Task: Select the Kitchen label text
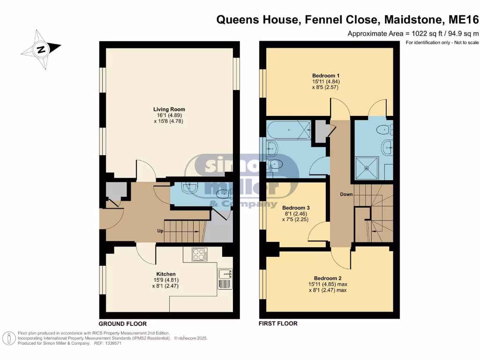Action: [166, 274]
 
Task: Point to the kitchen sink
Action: [225, 279]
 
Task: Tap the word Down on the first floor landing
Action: [346, 194]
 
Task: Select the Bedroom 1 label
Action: [326, 75]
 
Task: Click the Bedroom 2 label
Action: [327, 278]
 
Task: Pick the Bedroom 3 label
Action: [295, 208]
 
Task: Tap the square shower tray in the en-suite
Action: [367, 165]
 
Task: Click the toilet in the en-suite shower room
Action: [385, 128]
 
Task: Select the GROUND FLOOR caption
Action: [123, 324]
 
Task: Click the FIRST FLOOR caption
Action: [278, 323]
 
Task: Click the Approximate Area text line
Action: [406, 34]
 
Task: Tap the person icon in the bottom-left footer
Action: [8, 339]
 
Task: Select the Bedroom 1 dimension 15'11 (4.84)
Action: [326, 82]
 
